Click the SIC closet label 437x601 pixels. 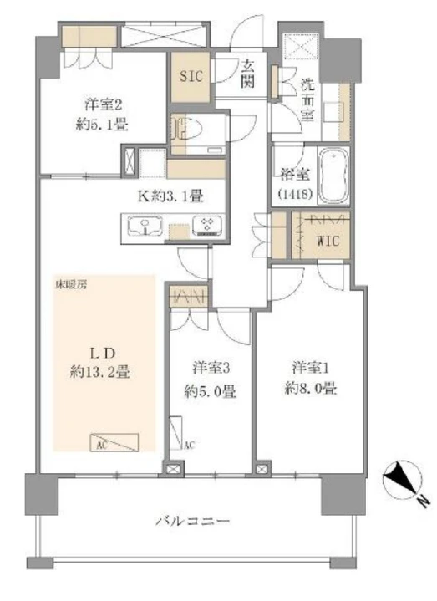pyautogui.click(x=191, y=76)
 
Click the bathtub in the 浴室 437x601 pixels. pyautogui.click(x=333, y=176)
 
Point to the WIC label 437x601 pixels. pyautogui.click(x=328, y=241)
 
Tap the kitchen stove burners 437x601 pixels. pyautogui.click(x=207, y=226)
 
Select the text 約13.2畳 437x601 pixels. pyautogui.click(x=100, y=372)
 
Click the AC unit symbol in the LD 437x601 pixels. pyautogui.click(x=114, y=442)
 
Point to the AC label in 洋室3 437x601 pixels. pyautogui.click(x=190, y=445)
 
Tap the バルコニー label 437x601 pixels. pyautogui.click(x=193, y=522)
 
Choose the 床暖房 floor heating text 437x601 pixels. pyautogui.click(x=70, y=285)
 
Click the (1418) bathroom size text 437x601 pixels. pyautogui.click(x=295, y=194)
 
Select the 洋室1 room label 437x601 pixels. pyautogui.click(x=311, y=369)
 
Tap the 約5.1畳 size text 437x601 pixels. pyautogui.click(x=102, y=125)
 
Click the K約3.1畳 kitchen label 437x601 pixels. pyautogui.click(x=170, y=196)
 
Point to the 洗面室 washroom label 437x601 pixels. pyautogui.click(x=307, y=99)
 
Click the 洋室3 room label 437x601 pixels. pyautogui.click(x=211, y=369)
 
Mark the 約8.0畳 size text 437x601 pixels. pyautogui.click(x=311, y=389)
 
